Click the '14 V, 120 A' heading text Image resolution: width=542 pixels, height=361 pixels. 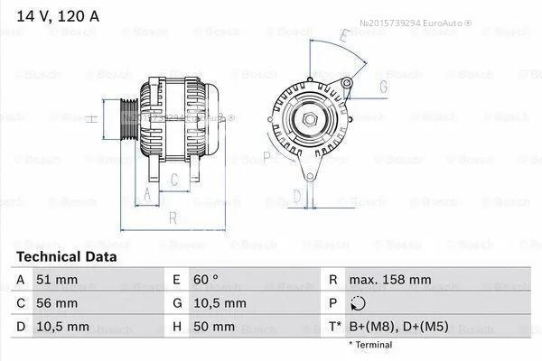58,16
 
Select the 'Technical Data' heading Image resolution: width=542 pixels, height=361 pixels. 66,256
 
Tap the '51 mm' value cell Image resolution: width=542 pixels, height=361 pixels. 57,280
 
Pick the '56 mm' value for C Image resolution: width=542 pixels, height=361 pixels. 57,303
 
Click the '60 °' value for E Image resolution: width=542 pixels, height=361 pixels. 206,280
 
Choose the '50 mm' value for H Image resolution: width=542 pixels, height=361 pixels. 214,327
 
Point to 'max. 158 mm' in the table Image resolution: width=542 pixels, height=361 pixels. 390,280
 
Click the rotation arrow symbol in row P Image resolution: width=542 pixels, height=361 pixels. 358,303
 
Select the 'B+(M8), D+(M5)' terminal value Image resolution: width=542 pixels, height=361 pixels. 399,327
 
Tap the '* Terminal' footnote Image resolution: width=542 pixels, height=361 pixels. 370,345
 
